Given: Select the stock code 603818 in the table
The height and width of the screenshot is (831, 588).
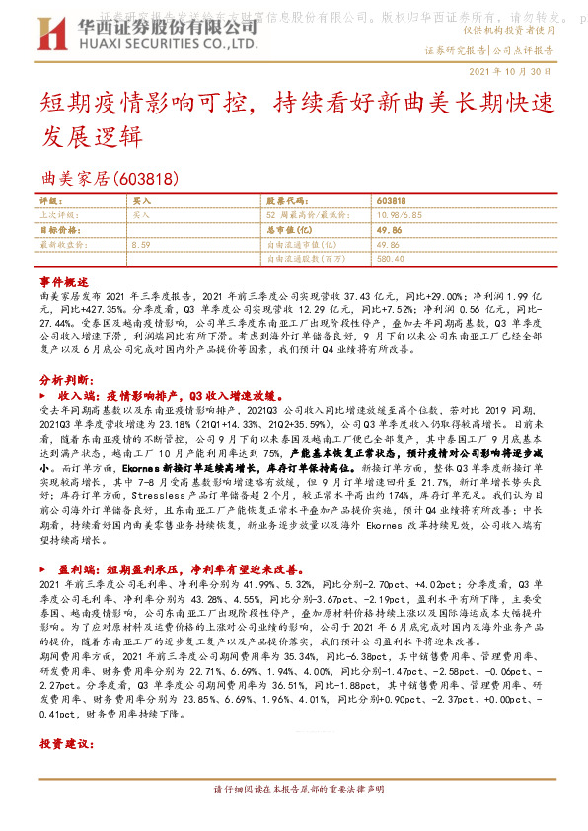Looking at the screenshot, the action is coord(391,200).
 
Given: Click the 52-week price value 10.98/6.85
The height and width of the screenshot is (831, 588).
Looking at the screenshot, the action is coord(402,213).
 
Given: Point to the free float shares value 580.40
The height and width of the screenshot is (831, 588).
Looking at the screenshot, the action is coord(391,258).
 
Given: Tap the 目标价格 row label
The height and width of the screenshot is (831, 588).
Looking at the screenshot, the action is coord(57,228).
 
